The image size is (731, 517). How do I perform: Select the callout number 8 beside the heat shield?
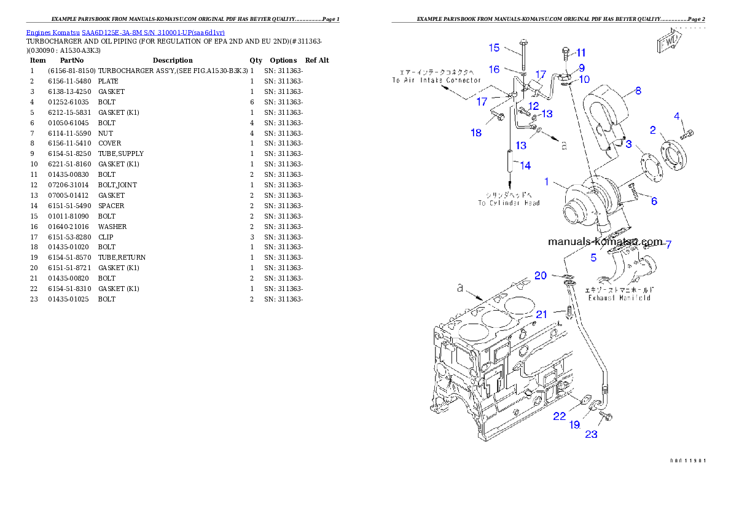(638, 91)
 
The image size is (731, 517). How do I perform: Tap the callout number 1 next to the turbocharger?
(547, 182)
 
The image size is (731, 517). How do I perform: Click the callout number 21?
(541, 314)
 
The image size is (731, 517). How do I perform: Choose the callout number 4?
(677, 116)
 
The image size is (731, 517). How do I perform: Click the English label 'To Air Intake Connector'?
(436, 80)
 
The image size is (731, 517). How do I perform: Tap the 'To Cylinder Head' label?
(509, 203)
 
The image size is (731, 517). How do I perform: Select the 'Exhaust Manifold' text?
(619, 298)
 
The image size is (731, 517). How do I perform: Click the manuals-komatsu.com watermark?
(606, 242)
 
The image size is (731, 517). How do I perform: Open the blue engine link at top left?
(125, 32)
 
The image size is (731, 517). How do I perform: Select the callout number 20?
(540, 276)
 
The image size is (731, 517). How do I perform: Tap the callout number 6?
(654, 201)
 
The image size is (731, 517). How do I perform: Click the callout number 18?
(476, 133)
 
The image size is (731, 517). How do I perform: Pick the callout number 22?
(559, 416)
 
